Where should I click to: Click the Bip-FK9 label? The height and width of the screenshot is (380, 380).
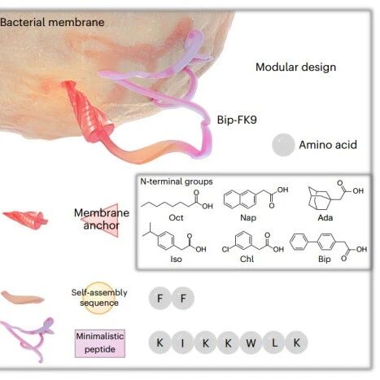tap(237, 120)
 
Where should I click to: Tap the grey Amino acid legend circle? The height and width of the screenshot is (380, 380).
tap(283, 145)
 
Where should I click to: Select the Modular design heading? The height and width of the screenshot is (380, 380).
tap(295, 67)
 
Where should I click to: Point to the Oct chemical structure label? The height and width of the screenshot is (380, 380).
tap(176, 217)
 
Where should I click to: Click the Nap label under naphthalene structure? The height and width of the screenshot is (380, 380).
tap(248, 217)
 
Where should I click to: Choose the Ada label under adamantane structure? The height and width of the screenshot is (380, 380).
tap(325, 217)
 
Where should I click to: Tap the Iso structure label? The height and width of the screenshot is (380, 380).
tap(176, 259)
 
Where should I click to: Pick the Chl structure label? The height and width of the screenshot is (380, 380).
tap(247, 259)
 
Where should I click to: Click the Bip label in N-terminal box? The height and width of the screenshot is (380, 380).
tap(325, 259)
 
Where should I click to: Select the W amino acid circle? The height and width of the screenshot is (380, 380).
tap(251, 343)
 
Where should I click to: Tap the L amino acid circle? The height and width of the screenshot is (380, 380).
tap(274, 343)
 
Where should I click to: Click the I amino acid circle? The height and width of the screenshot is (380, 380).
tap(182, 343)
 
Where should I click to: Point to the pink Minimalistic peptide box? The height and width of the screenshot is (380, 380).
tap(100, 343)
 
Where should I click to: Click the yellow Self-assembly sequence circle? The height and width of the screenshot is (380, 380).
tap(99, 298)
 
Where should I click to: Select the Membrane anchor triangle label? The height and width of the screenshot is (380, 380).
tap(101, 220)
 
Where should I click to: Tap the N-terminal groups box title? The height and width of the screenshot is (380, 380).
tap(177, 181)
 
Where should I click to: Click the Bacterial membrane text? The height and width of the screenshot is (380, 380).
tap(52, 22)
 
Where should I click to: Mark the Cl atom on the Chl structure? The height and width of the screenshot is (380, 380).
tap(225, 249)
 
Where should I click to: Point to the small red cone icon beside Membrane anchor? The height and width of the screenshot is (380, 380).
tap(25, 219)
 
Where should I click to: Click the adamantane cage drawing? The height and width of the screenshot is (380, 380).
tap(320, 198)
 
